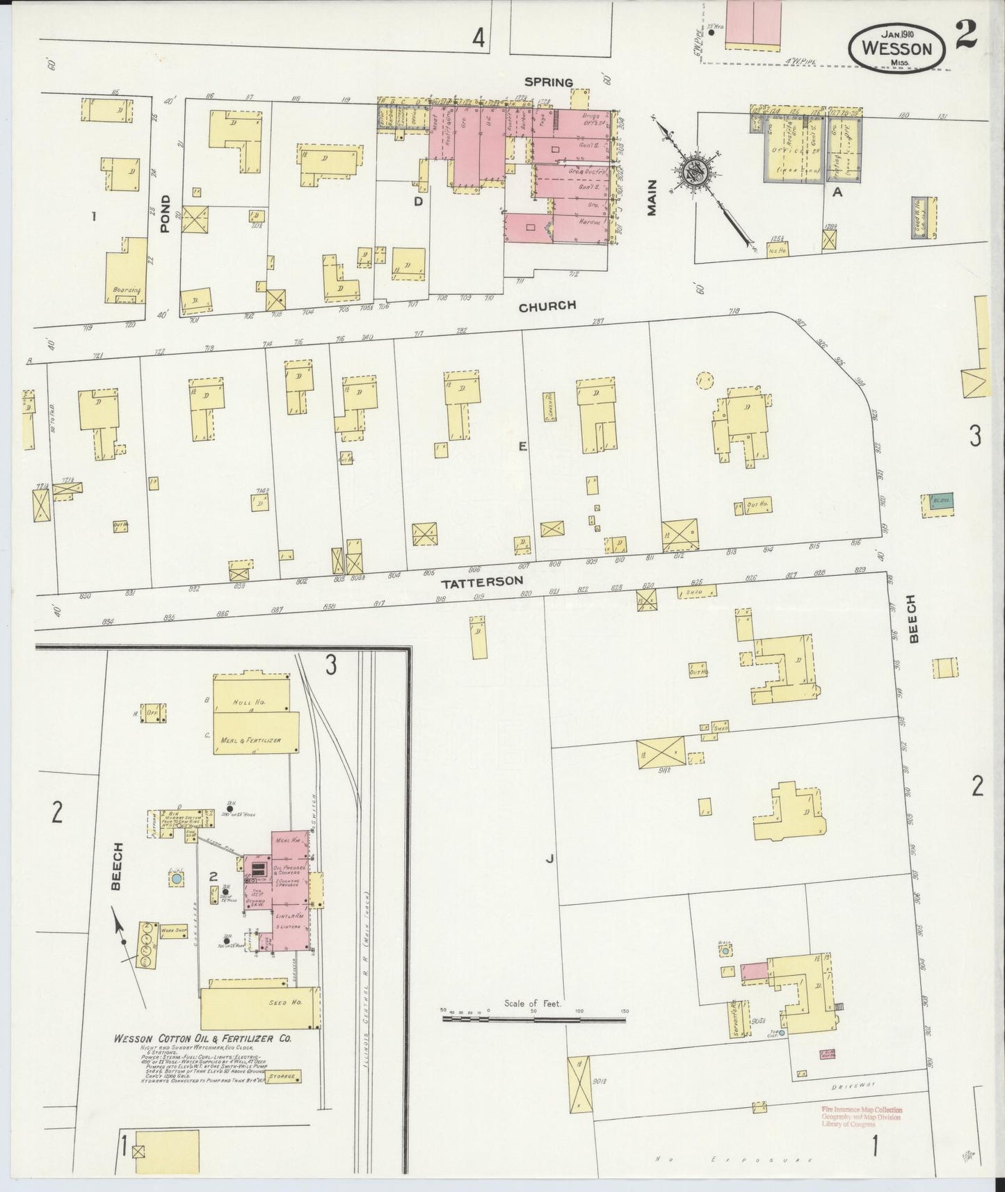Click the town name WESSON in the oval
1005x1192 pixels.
point(897,48)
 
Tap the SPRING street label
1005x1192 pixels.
point(548,82)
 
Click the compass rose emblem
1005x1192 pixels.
point(695,171)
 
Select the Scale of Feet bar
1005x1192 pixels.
point(533,1020)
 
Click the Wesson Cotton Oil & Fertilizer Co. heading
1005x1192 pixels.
point(202,1038)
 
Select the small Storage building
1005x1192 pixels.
point(284,1096)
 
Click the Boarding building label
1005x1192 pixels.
point(126,289)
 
